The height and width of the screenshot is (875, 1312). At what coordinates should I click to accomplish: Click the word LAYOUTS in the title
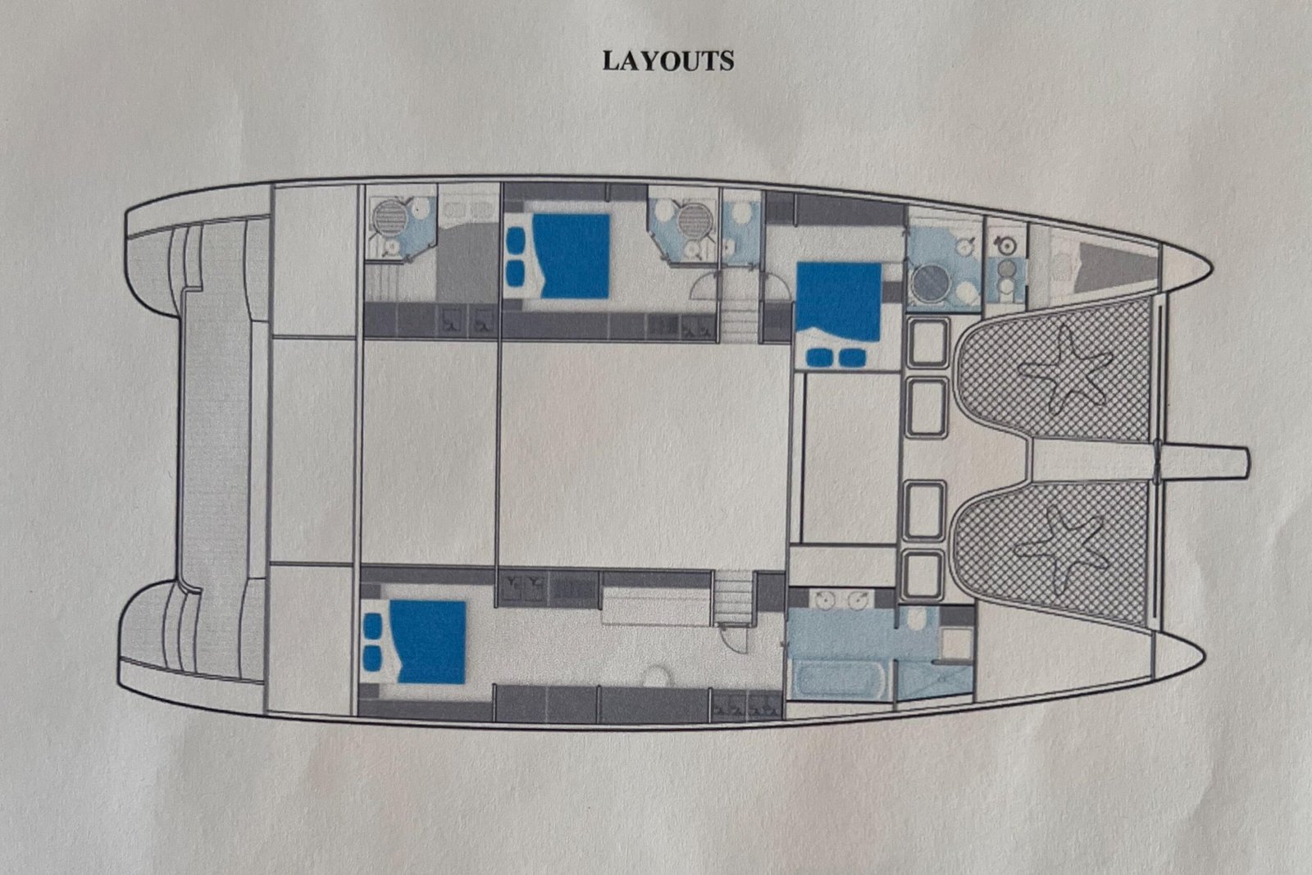[668, 61]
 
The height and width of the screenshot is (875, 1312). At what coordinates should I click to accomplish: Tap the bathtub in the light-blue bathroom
[837, 679]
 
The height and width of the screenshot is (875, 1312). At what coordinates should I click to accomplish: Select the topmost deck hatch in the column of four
[927, 344]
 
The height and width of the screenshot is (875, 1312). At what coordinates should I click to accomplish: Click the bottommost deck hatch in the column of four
[922, 576]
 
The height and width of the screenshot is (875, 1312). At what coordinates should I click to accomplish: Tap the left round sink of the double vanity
[826, 599]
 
